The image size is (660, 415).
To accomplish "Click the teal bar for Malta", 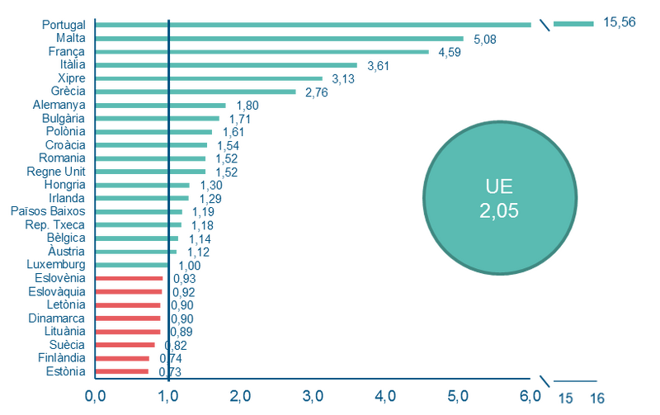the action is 279,39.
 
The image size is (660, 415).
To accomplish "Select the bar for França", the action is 262,52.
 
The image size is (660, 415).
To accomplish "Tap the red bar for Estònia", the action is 121,371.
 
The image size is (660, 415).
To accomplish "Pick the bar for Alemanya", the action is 160,106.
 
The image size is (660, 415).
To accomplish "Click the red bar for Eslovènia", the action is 129,278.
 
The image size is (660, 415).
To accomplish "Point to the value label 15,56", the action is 620,22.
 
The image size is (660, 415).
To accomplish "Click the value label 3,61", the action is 378,66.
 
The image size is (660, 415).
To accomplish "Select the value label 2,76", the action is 316,92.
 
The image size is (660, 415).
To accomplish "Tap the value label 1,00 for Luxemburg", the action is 190,266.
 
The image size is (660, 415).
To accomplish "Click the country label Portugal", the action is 64,25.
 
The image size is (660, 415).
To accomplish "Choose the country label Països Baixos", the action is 48,211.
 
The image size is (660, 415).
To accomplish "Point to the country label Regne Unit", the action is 56,172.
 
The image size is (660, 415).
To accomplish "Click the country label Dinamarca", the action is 56,318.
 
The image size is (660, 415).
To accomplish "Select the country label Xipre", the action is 72,78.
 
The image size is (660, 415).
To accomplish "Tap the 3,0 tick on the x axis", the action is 313,396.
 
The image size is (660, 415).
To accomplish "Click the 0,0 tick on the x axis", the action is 96,396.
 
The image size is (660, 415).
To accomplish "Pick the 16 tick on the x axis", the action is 596,398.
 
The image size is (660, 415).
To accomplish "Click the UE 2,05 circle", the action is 500,198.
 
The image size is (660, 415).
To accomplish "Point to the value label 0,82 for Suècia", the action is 176,346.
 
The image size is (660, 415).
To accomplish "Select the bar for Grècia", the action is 196,92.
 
